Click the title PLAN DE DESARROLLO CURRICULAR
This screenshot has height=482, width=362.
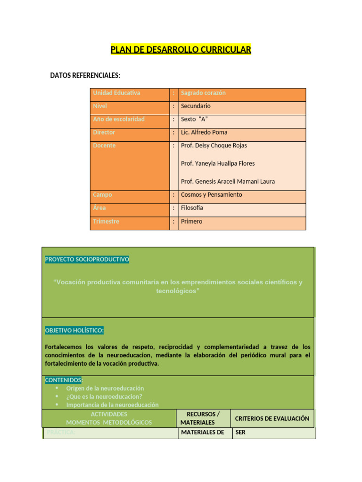[x=181, y=49]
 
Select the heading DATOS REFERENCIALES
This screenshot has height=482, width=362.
[x=85, y=75]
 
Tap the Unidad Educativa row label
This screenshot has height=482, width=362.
[x=116, y=93]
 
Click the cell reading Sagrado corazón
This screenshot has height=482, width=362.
[x=203, y=93]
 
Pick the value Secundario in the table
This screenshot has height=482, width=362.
[x=196, y=106]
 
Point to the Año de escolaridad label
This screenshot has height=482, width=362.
[x=119, y=120]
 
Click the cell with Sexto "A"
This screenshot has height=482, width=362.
[x=194, y=120]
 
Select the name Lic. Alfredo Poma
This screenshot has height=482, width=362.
[x=204, y=133]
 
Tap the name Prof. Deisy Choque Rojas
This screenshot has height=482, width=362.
[x=214, y=146]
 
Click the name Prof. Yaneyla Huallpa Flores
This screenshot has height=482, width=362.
[x=217, y=164]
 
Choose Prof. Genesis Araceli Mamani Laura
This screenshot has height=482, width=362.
[x=228, y=182]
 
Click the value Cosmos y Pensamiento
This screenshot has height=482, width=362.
[x=211, y=195]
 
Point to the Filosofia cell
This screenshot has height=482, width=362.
[x=192, y=208]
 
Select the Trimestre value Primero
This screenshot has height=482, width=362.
[x=191, y=222]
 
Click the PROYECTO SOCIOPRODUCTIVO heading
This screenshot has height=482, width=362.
[x=87, y=260]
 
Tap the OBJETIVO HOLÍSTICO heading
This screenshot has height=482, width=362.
[x=74, y=331]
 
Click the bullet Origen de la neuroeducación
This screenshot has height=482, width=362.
[x=105, y=388]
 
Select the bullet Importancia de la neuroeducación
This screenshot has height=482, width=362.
[x=112, y=405]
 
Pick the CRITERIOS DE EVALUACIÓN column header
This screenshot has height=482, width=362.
[x=272, y=418]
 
